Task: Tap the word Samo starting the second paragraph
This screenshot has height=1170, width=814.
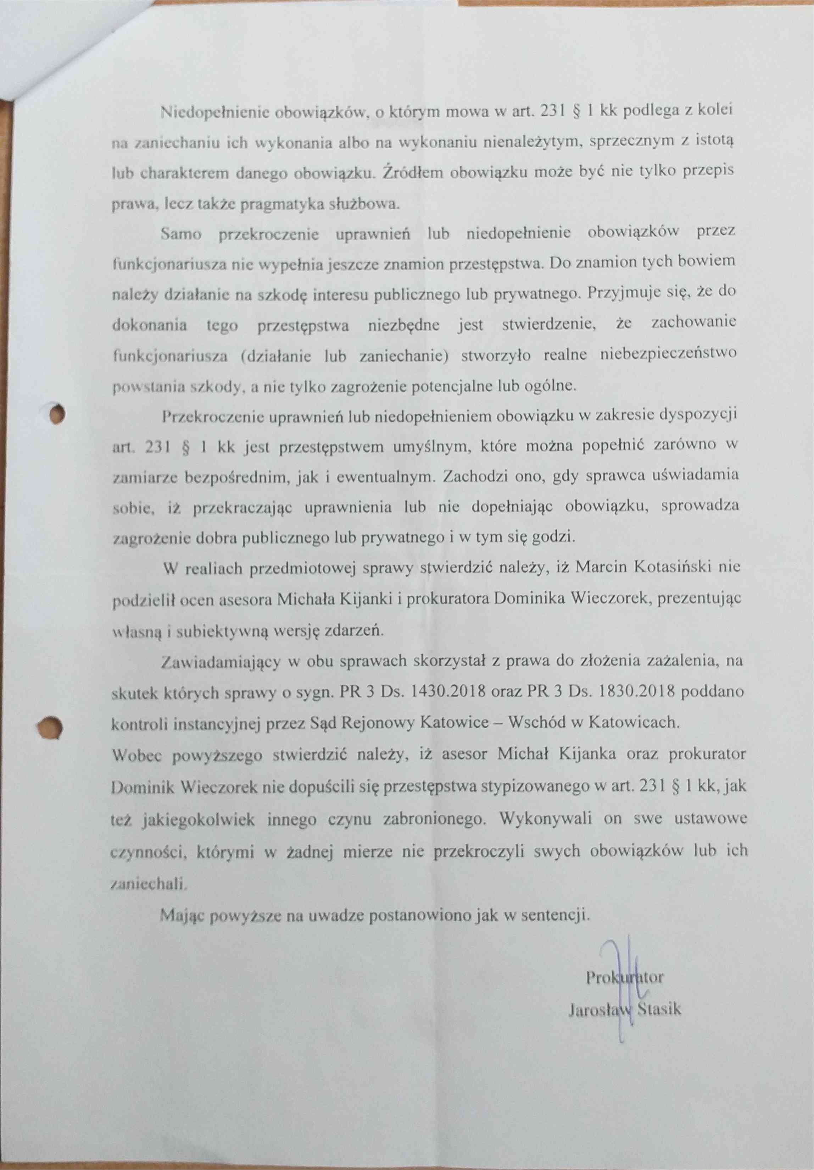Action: pos(180,234)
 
